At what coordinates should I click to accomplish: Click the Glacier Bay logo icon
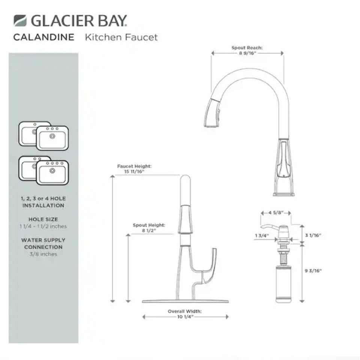coord(20,20)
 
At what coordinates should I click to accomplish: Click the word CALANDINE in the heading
coord(44,37)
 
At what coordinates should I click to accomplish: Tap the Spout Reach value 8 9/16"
coord(247,53)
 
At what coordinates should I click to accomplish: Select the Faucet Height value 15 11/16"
coord(134,172)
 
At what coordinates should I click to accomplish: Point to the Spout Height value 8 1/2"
coord(149,231)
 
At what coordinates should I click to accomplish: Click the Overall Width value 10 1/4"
coord(185,317)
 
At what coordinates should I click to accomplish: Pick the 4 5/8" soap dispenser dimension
coord(276,213)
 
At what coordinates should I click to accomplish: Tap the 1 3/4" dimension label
coord(262,235)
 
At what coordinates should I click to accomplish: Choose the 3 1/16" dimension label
coord(313,235)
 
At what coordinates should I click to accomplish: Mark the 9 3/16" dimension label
coord(313,271)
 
